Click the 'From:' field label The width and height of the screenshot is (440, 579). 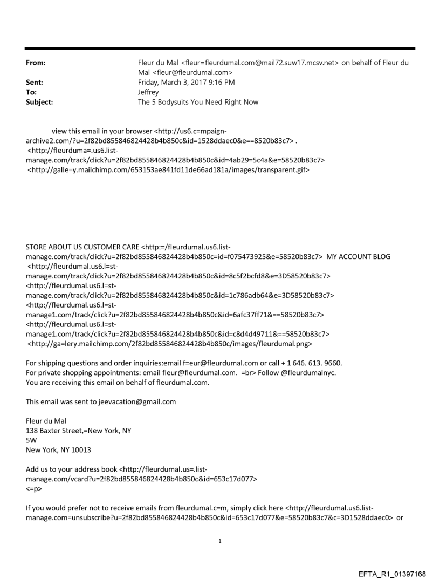pyautogui.click(x=36, y=63)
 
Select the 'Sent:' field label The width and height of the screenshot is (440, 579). pyautogui.click(x=35, y=82)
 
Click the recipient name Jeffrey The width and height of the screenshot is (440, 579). pyautogui.click(x=149, y=92)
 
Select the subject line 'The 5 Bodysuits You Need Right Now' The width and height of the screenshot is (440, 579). pyautogui.click(x=198, y=101)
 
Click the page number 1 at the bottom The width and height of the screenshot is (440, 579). pyautogui.click(x=220, y=541)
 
